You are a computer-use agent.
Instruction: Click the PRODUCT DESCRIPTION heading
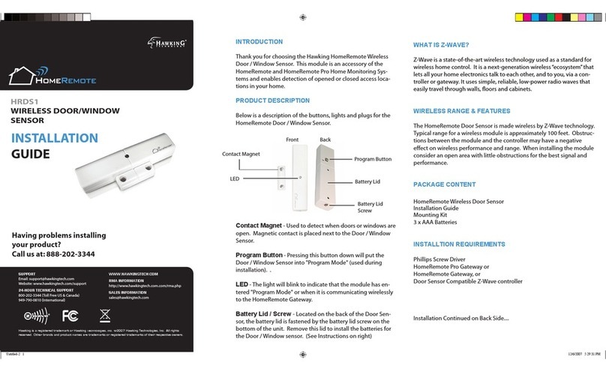[x=273, y=100]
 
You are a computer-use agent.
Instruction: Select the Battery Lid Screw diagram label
[x=370, y=208]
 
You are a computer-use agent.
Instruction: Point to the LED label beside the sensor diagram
[x=235, y=180]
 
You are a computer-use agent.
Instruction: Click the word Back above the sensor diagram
[x=325, y=140]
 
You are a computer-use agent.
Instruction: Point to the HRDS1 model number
[x=25, y=100]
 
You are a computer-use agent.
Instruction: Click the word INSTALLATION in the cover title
[x=53, y=138]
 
